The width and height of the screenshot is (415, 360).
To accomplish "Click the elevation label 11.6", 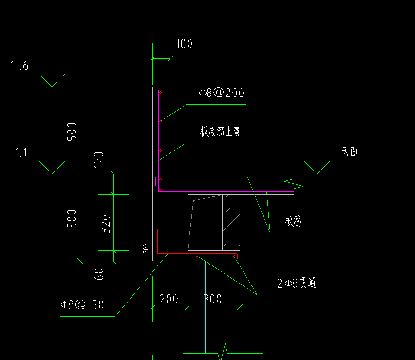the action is pyautogui.click(x=19, y=65).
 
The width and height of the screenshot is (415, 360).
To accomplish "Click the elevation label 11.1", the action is pyautogui.click(x=19, y=152).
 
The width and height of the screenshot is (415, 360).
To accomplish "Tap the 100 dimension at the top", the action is pyautogui.click(x=184, y=44).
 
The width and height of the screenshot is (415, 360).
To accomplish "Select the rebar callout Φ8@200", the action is pyautogui.click(x=221, y=93).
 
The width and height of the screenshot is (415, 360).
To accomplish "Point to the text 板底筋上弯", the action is pyautogui.click(x=220, y=132).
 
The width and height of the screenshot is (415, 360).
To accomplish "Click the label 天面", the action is pyautogui.click(x=349, y=152).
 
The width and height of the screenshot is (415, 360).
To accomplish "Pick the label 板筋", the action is pyautogui.click(x=293, y=221).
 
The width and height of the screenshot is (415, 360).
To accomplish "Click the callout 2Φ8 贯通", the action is pyautogui.click(x=297, y=283).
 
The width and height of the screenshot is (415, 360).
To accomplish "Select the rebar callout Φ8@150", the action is pyautogui.click(x=82, y=305).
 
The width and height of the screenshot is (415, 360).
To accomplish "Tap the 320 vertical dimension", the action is pyautogui.click(x=105, y=224).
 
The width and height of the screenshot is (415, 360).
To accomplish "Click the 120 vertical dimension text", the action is pyautogui.click(x=99, y=160).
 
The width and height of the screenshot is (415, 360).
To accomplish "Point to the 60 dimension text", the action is pyautogui.click(x=99, y=274).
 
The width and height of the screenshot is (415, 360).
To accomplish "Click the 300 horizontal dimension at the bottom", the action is pyautogui.click(x=212, y=299).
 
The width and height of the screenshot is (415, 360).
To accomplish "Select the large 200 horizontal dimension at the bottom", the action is pyautogui.click(x=169, y=299).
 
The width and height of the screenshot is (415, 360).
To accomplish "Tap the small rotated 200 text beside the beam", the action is pyautogui.click(x=146, y=248).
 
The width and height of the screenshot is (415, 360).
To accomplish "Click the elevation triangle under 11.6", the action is pyautogui.click(x=52, y=80).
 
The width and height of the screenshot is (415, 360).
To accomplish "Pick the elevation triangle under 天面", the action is pyautogui.click(x=317, y=167).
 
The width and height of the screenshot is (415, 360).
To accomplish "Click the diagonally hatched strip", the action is pyautogui.click(x=231, y=223).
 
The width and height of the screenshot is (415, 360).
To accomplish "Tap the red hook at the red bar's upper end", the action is pyautogui.click(x=160, y=232).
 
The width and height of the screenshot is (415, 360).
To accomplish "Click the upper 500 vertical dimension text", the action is pyautogui.click(x=72, y=132).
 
